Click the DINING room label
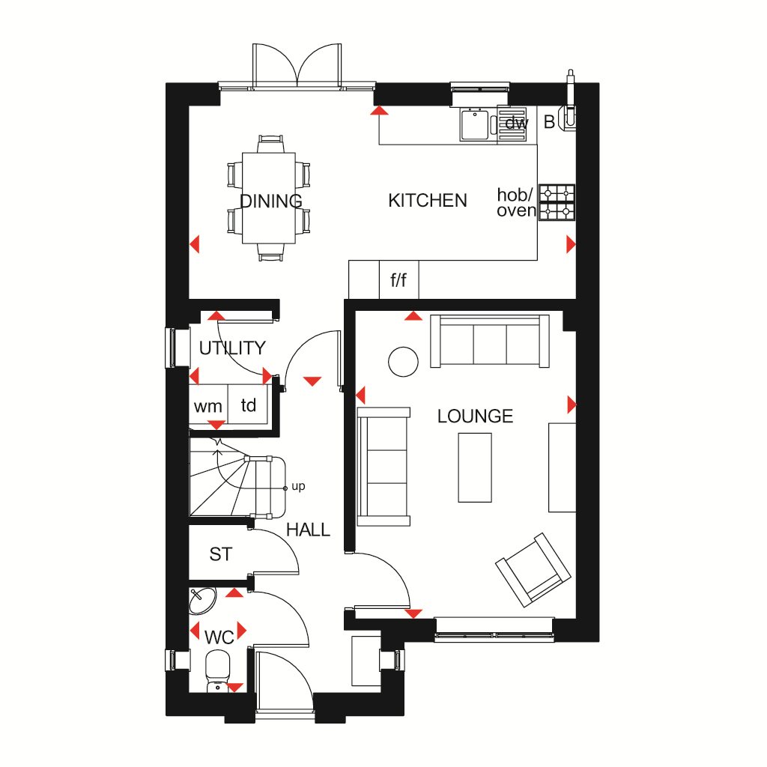tap(271, 201)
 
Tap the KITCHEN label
tap(428, 201)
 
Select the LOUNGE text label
tap(475, 416)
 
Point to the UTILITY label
tap(232, 348)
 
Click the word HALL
tap(308, 530)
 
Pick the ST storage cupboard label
tap(221, 554)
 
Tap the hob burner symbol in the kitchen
tap(557, 202)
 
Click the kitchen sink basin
tap(474, 125)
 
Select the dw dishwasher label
tap(517, 123)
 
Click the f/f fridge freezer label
tap(398, 280)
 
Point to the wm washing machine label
tap(208, 407)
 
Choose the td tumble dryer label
tap(249, 405)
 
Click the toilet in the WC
tap(217, 670)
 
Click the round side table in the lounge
tap(403, 362)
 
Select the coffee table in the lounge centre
tap(474, 467)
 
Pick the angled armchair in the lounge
tap(533, 570)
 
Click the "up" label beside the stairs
tap(298, 486)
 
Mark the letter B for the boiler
tap(549, 122)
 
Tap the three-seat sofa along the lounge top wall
tap(490, 341)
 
